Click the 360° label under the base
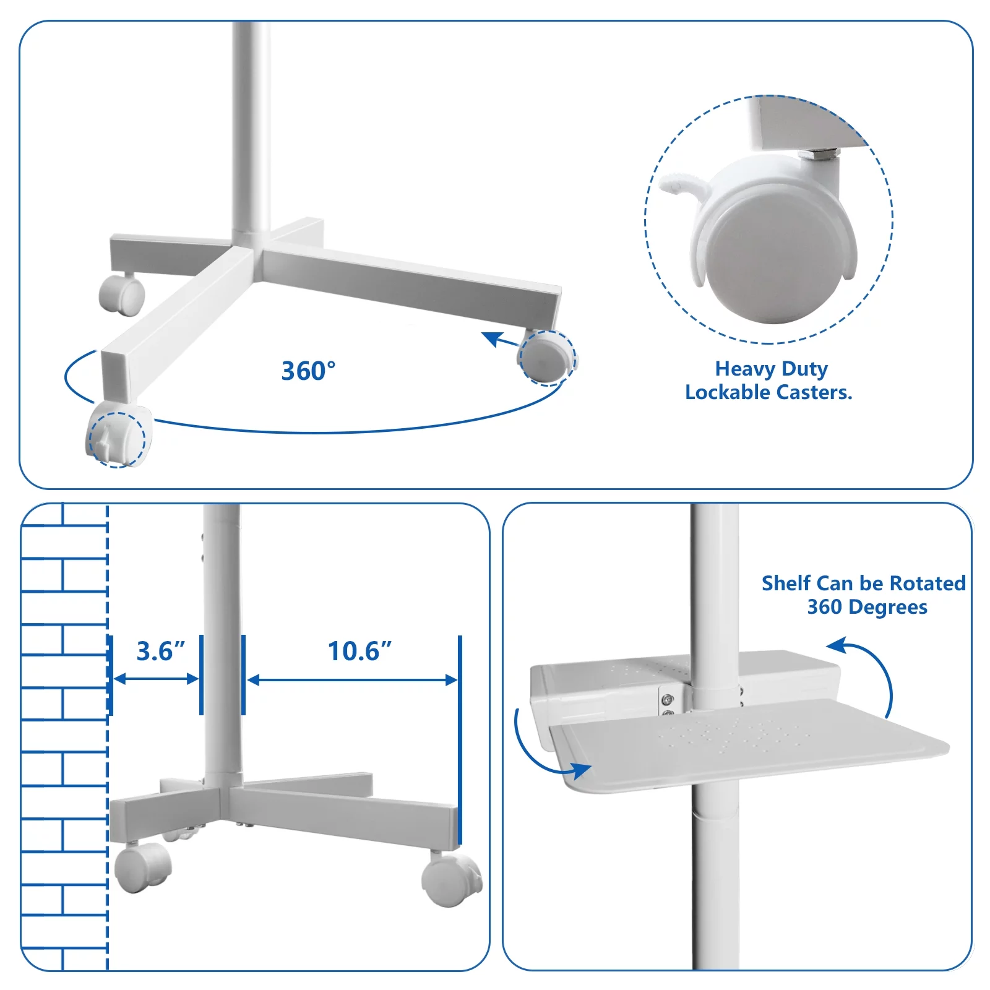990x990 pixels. (309, 371)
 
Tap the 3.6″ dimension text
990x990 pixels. (161, 651)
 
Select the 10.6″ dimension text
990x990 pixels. (359, 651)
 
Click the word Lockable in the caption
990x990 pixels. (727, 392)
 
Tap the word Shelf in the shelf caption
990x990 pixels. (786, 583)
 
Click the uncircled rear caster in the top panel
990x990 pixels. (122, 294)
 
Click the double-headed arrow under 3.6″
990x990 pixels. (157, 679)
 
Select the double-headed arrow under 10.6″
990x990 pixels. (352, 680)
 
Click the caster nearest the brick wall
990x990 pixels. (143, 866)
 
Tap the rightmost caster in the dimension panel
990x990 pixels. (451, 880)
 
